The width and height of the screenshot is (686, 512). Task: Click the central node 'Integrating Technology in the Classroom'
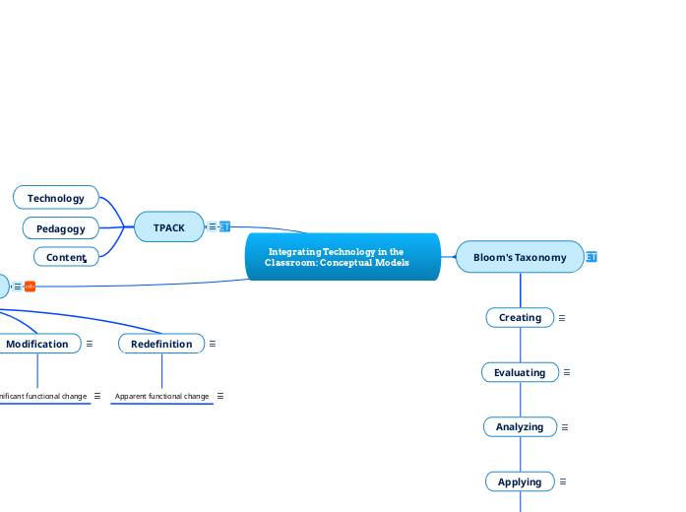pos(342,258)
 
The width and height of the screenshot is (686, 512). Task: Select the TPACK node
pos(169,227)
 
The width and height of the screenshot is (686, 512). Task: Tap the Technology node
pos(56,198)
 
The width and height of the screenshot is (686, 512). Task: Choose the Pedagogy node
pos(61,228)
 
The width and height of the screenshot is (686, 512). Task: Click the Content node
pos(66,257)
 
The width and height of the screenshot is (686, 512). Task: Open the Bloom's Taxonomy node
pos(520,257)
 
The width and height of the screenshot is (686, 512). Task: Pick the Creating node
pos(520,317)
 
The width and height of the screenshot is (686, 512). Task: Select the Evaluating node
pos(520,372)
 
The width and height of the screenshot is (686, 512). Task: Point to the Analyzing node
pos(520,426)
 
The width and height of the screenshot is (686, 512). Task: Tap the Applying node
pos(520,481)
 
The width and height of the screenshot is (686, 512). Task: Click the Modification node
pos(37,344)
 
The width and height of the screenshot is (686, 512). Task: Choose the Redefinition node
pos(161,344)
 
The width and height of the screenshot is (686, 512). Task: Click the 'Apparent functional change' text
pos(161,396)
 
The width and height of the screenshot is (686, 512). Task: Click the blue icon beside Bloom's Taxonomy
pos(592,257)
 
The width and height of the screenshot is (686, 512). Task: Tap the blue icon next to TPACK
pos(224,226)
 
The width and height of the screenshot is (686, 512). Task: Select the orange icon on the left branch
pos(31,287)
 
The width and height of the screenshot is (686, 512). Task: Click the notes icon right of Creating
pos(562,318)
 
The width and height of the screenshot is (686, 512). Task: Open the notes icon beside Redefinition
pos(213,344)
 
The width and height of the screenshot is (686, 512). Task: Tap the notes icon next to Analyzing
pos(565,427)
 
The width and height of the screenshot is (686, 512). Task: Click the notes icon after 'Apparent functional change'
pos(219,396)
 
